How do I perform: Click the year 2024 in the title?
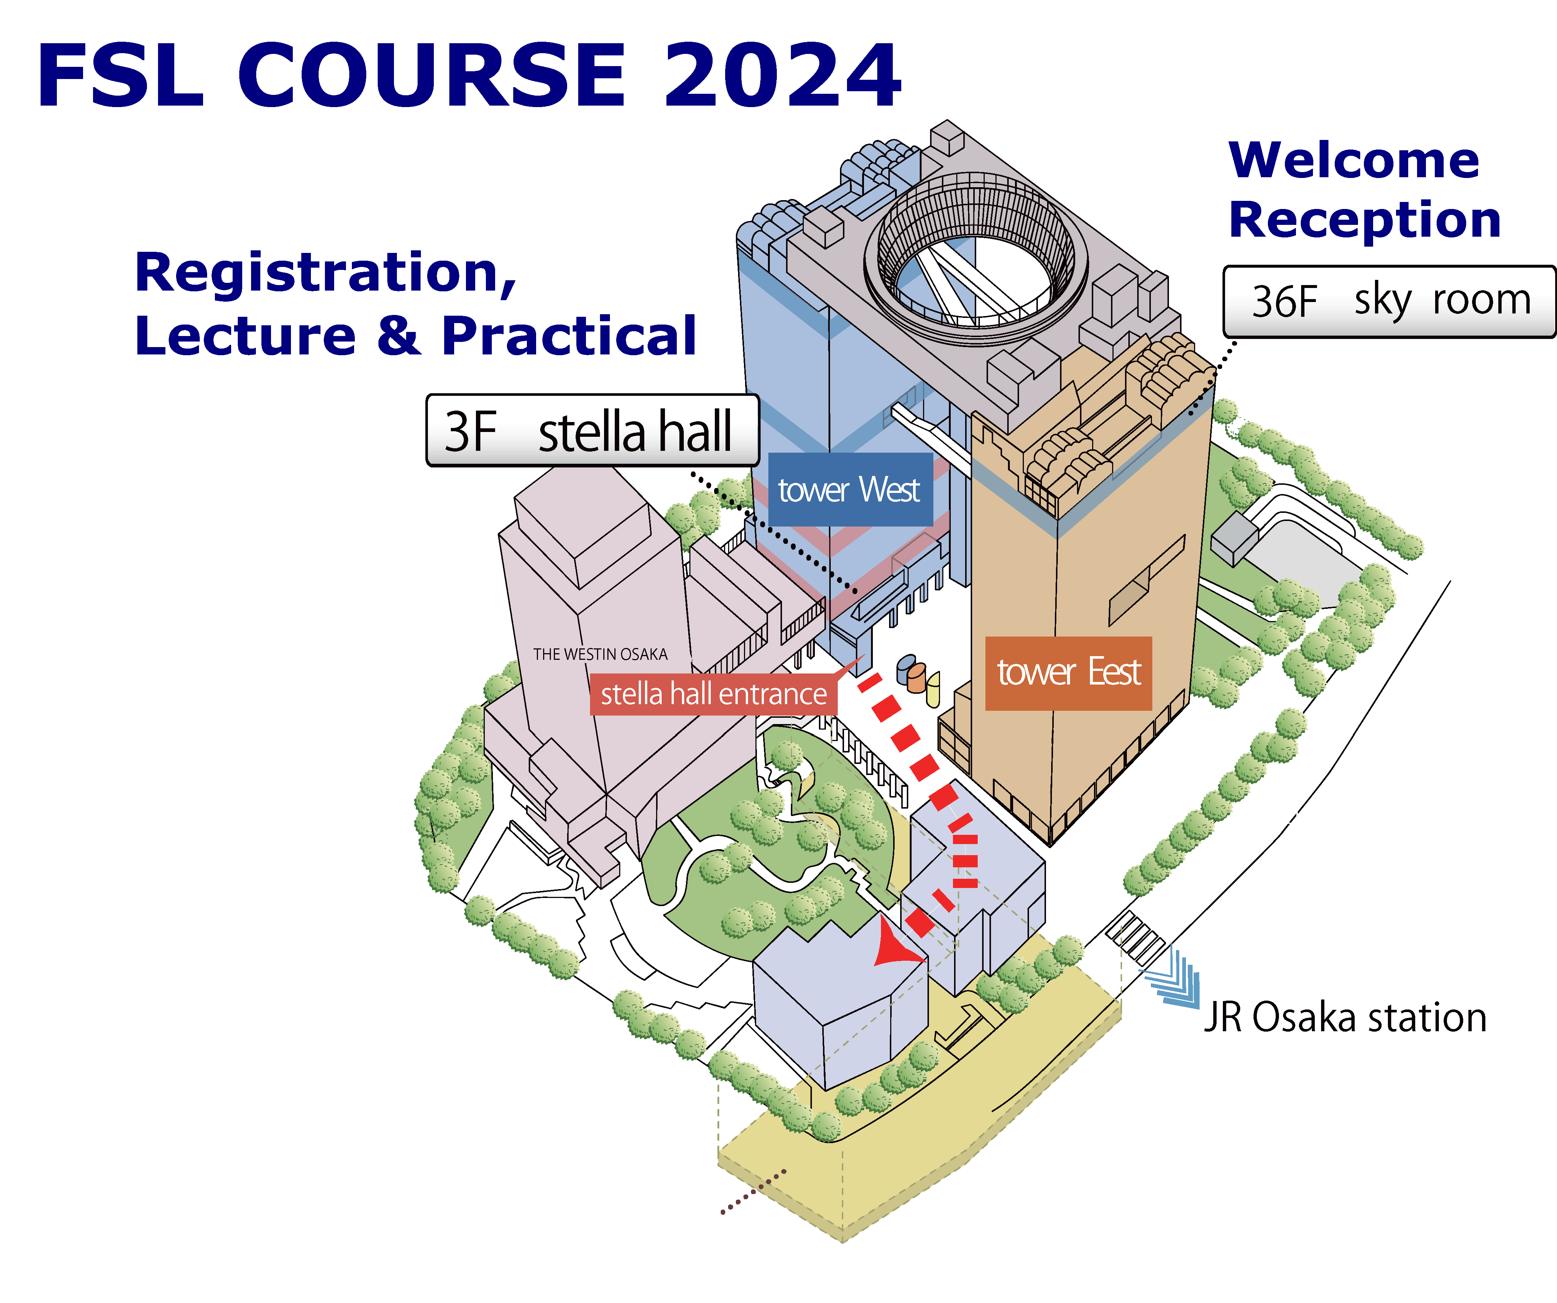pos(782,76)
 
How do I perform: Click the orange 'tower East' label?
pos(1069,673)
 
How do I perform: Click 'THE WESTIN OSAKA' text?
pos(600,654)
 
